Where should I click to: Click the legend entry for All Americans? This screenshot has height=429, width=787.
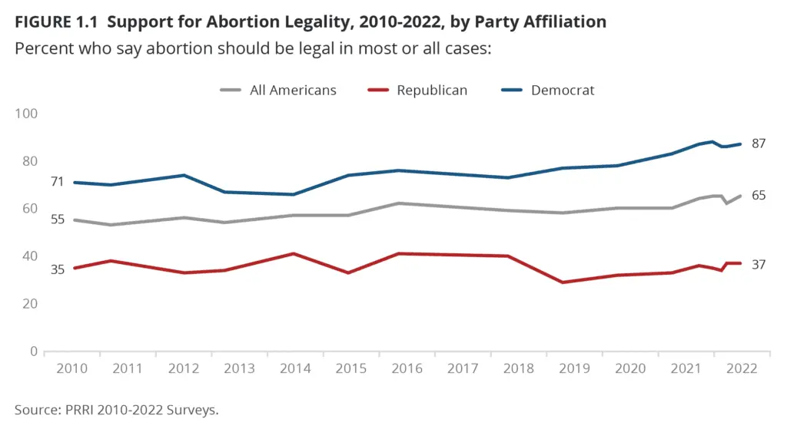click(x=293, y=90)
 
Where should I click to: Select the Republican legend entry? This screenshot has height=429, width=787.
click(x=431, y=90)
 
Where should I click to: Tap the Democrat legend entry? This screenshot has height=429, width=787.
click(x=562, y=90)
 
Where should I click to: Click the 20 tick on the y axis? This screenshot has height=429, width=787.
click(x=30, y=304)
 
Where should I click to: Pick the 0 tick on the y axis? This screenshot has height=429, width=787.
click(x=34, y=351)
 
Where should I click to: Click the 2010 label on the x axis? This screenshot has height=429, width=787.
click(x=72, y=368)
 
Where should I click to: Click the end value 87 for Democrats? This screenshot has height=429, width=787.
click(x=759, y=143)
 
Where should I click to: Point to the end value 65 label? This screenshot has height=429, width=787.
click(x=759, y=196)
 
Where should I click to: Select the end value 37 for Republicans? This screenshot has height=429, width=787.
click(x=759, y=264)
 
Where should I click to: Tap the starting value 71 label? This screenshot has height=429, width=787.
click(x=35, y=182)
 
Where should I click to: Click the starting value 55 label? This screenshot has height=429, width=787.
click(x=35, y=219)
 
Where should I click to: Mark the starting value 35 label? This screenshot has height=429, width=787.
click(x=35, y=269)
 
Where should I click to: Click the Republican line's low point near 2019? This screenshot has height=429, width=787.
click(x=563, y=282)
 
